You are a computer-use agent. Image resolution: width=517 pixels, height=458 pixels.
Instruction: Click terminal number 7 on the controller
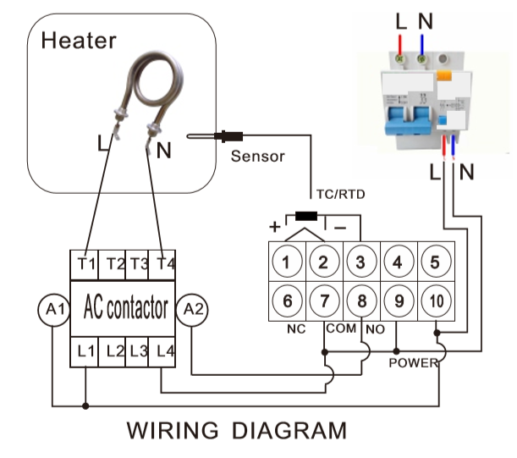[x=324, y=301]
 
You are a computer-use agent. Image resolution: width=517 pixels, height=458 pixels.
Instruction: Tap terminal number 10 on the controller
[x=437, y=301]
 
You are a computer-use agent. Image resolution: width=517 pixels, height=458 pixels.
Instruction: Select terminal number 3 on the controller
[x=361, y=262]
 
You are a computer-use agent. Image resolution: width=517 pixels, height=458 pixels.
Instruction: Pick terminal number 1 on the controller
[x=287, y=262]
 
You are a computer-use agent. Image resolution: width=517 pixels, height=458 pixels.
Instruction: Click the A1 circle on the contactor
[x=54, y=310]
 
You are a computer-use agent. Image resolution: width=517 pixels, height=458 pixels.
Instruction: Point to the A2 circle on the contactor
[x=192, y=310]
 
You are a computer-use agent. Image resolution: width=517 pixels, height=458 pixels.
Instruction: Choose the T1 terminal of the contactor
[x=85, y=265]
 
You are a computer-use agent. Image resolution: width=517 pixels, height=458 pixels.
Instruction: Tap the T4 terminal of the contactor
[x=162, y=265]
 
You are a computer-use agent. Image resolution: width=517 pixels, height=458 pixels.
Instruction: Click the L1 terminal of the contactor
[x=85, y=351]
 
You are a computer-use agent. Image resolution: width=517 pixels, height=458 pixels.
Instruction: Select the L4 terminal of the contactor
[x=162, y=351]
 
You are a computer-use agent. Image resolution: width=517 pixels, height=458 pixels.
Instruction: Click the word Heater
[x=79, y=41]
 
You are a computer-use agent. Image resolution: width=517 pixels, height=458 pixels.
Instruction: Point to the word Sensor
[x=257, y=156]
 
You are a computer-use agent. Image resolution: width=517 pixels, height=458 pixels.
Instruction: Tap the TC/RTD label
[x=341, y=195]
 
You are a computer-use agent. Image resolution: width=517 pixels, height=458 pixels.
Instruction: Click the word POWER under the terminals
[x=414, y=363]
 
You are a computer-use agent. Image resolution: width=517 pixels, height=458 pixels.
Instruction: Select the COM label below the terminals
[x=341, y=328]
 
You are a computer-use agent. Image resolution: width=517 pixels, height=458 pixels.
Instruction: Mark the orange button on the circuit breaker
[x=444, y=75]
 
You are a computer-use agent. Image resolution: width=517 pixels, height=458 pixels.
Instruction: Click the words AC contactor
[x=125, y=307]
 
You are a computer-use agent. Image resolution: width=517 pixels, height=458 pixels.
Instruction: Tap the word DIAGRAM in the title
[x=289, y=431]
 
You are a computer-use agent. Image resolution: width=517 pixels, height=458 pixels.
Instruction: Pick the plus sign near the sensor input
[x=275, y=227]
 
